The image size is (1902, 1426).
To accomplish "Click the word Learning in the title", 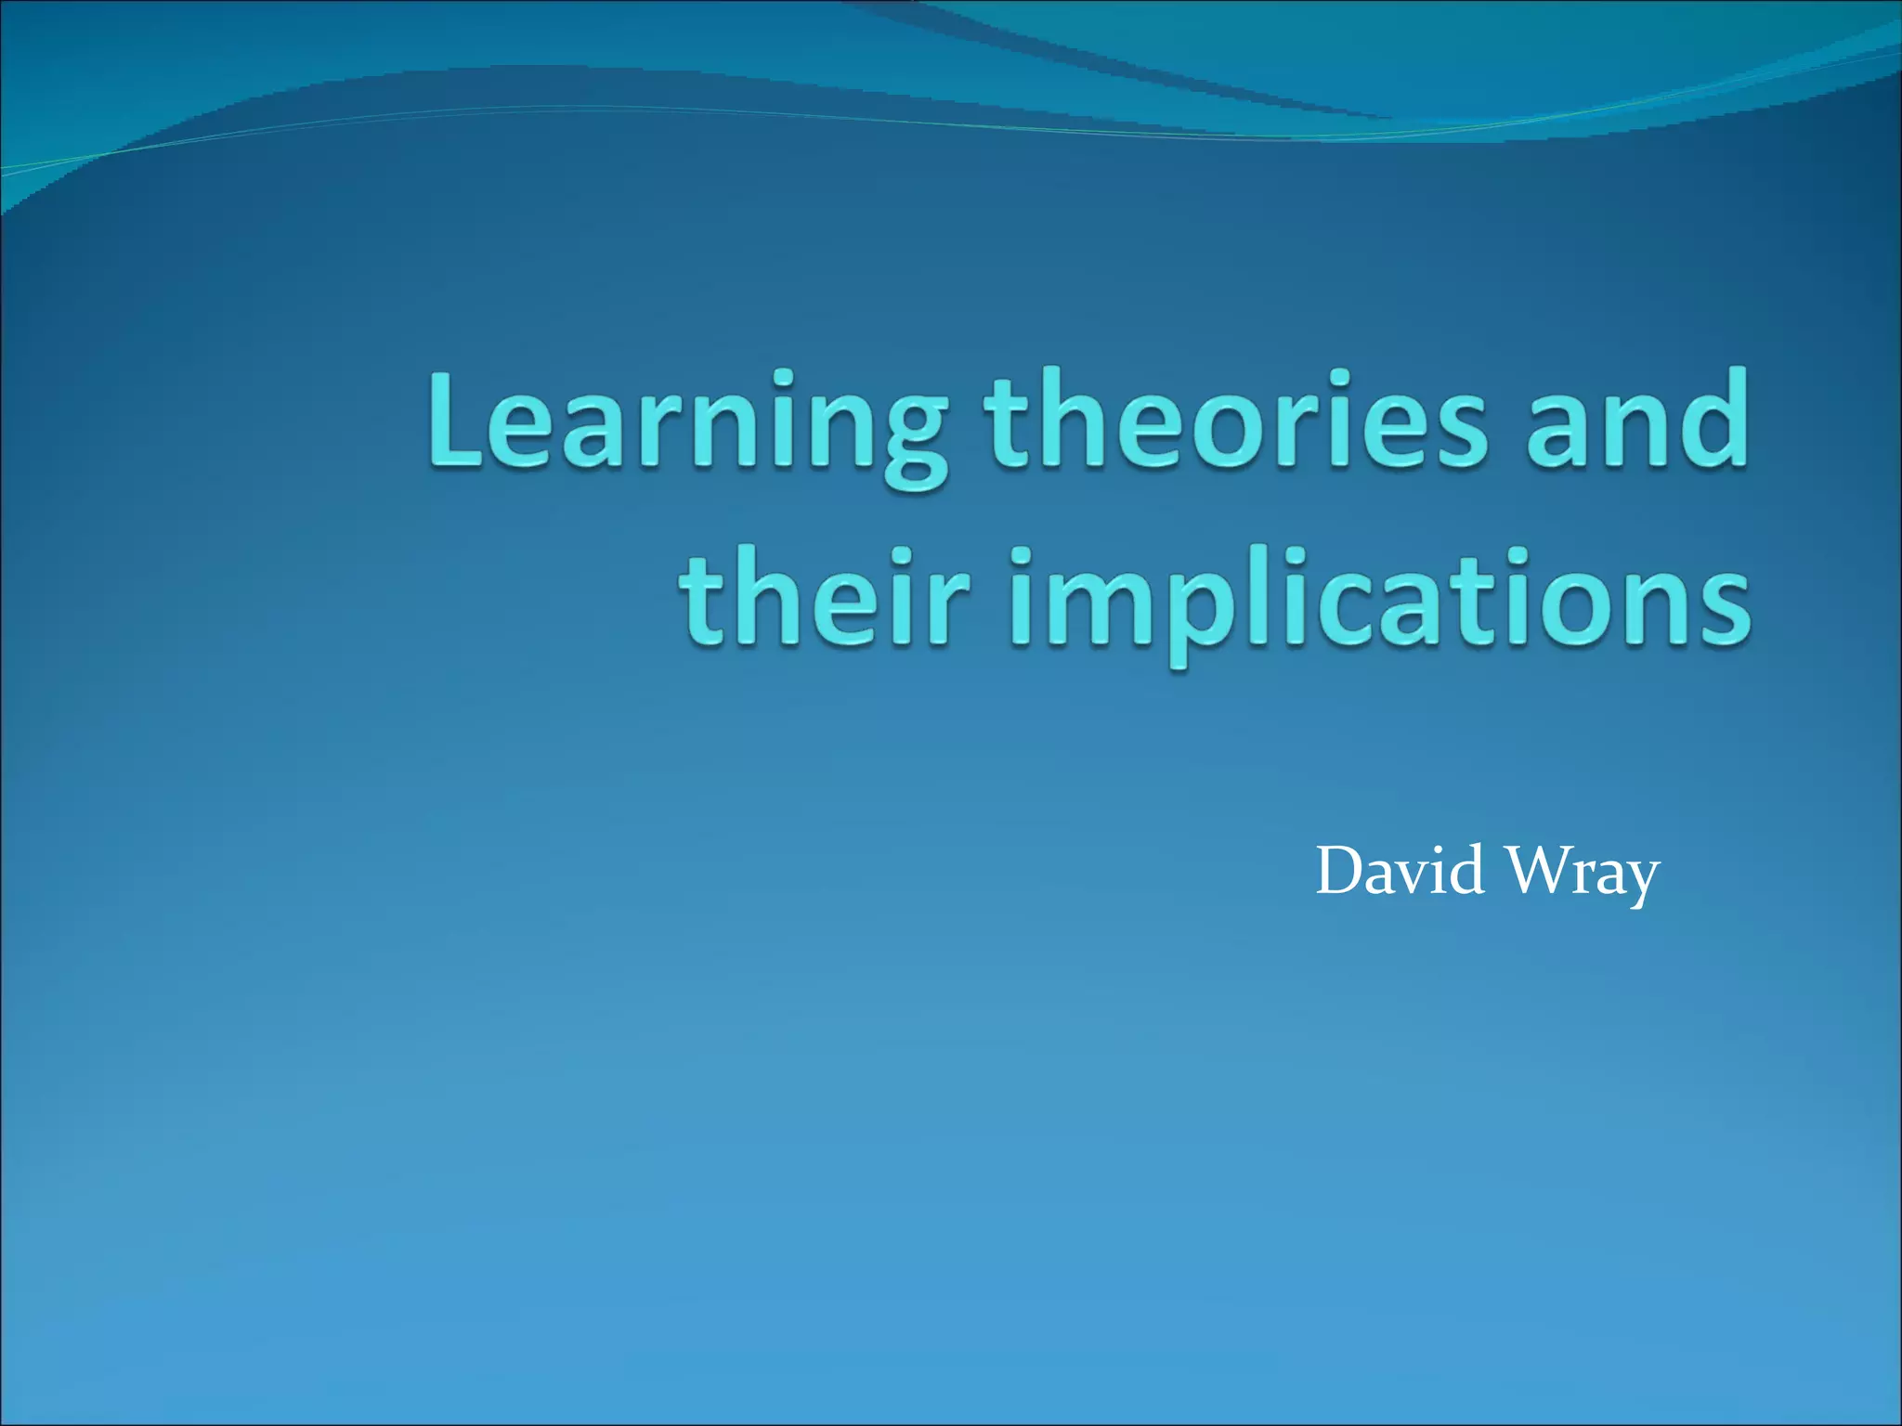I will pos(687,422).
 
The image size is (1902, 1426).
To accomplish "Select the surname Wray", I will pos(1583,874).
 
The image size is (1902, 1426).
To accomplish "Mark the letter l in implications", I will pos(1230,594).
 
